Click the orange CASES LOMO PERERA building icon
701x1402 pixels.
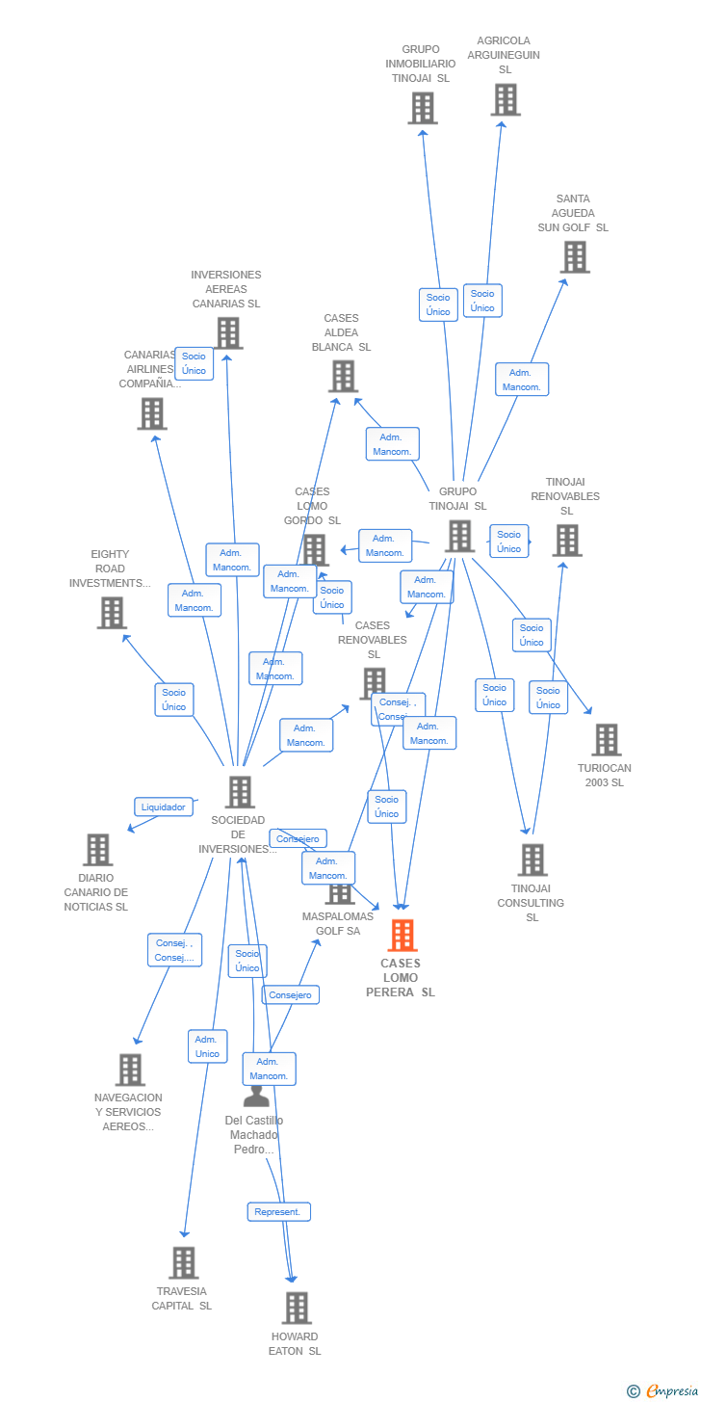402,935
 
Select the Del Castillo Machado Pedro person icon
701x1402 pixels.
256,1097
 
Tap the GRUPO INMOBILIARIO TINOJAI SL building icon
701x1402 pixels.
423,108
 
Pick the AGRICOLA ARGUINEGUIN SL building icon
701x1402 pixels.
506,99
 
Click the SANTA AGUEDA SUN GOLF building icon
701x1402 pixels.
575,257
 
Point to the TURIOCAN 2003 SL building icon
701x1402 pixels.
606,740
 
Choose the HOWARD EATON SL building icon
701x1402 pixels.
297,1308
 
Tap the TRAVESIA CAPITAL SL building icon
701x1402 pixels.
183,1262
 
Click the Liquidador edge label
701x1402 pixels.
163,807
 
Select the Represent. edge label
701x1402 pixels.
278,1211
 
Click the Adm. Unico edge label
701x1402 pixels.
207,1046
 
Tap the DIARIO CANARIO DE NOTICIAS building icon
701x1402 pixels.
98,850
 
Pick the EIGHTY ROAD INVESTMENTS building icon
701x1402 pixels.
112,613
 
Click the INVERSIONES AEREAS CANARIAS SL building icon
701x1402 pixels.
228,333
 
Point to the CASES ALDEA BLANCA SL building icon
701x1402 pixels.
343,377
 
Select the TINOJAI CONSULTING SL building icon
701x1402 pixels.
532,860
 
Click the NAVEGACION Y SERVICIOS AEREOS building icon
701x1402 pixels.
130,1070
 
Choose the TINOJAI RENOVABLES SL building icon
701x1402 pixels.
567,541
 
